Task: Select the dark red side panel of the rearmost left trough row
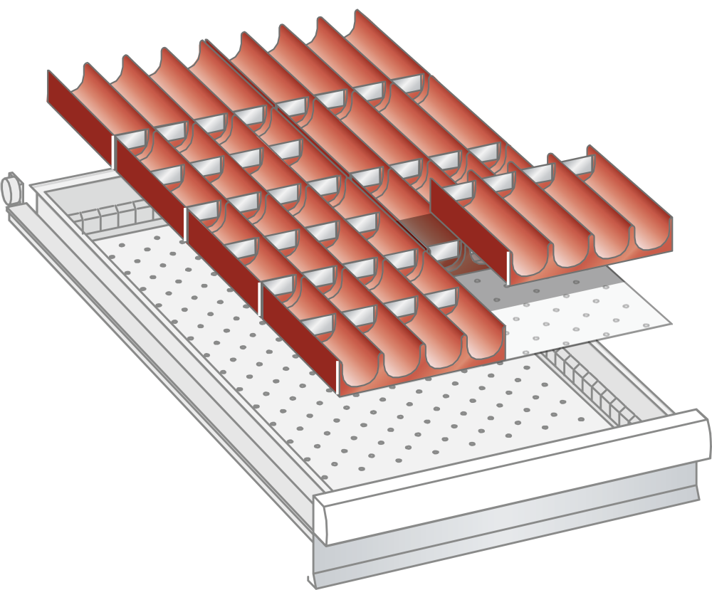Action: click(x=79, y=114)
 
